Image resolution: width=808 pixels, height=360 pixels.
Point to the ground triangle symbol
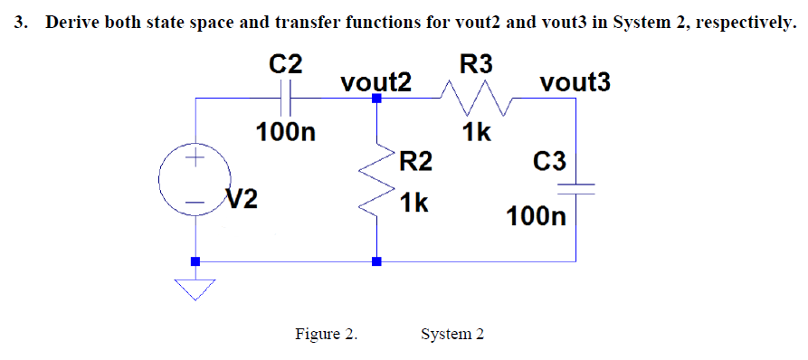194,288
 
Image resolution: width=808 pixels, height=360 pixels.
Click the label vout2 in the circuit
376,82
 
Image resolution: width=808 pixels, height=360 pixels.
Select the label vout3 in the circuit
575,82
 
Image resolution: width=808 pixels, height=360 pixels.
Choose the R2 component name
415,162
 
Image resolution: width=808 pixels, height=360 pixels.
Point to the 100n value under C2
286,133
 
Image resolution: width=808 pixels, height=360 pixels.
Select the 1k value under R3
476,133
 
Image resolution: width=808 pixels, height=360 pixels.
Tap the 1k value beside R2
414,202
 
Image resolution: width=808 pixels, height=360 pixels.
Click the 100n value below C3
537,217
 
